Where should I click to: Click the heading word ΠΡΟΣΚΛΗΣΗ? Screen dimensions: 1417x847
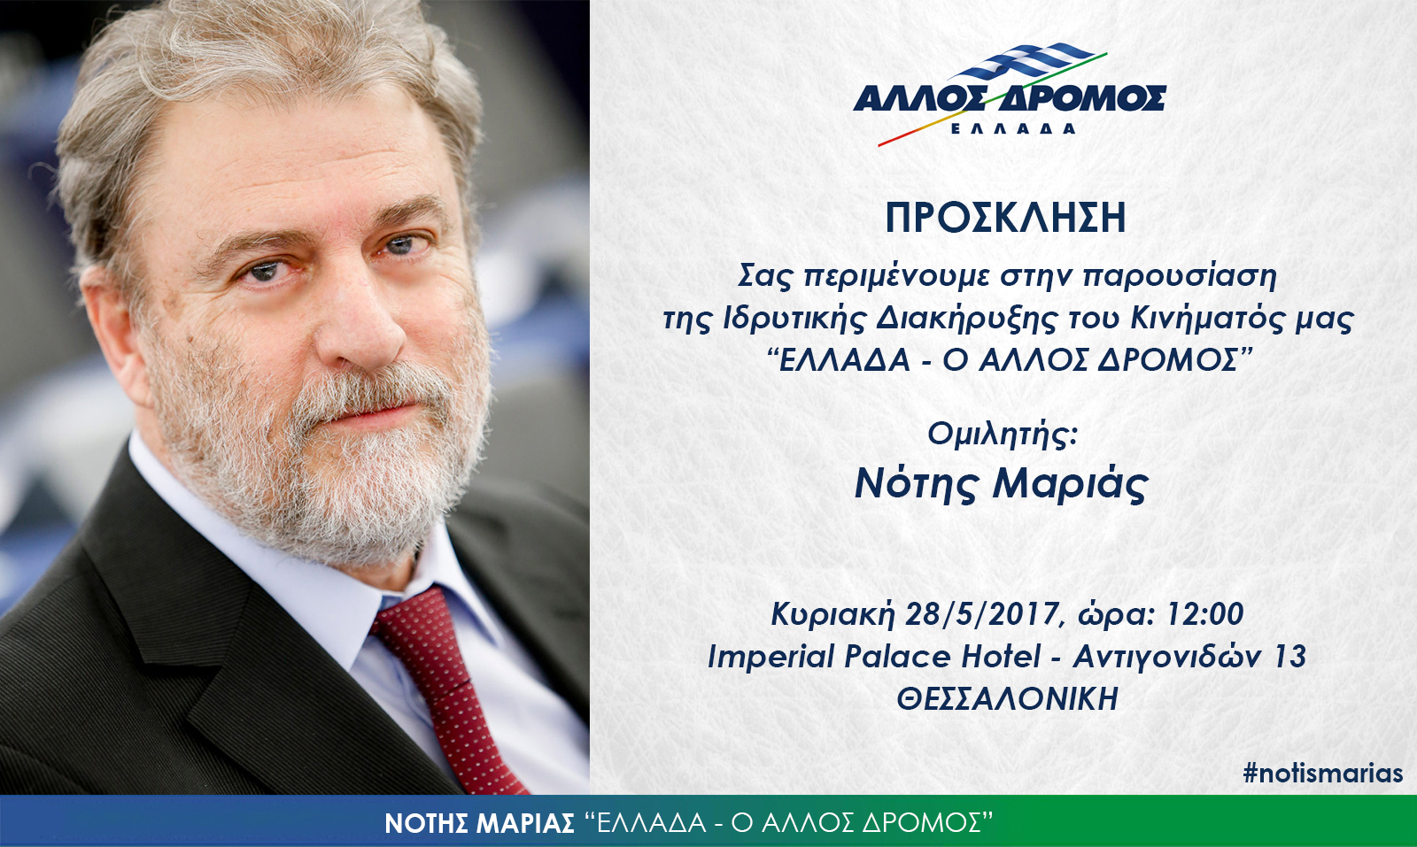(1005, 218)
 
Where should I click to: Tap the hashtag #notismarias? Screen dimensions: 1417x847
(1323, 773)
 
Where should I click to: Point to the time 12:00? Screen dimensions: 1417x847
(1204, 613)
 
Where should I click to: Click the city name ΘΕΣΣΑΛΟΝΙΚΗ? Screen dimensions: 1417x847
(1008, 698)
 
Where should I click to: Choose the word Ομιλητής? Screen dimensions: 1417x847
(1002, 435)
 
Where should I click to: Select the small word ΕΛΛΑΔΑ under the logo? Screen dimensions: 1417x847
(1013, 128)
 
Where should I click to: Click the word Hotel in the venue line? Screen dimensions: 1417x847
(1001, 656)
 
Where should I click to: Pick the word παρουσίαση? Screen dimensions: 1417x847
(1180, 277)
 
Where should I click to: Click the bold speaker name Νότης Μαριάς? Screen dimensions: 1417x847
(1002, 485)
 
